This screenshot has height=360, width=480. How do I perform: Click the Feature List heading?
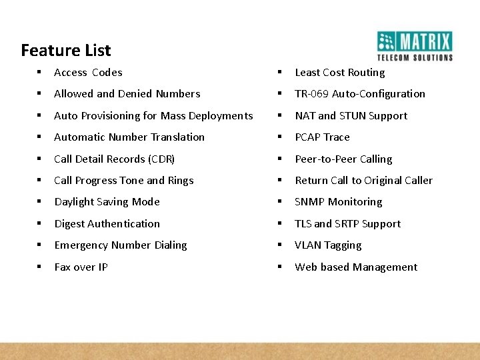click(66, 50)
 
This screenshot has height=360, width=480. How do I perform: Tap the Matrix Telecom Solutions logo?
click(414, 46)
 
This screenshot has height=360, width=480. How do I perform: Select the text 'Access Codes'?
click(88, 73)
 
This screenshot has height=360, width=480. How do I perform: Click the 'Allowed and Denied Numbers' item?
click(127, 94)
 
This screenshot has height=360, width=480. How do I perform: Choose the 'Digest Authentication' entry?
click(107, 224)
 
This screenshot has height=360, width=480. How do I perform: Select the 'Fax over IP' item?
click(81, 267)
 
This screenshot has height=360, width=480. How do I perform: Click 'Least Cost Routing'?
click(339, 73)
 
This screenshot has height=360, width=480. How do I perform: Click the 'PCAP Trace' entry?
click(322, 137)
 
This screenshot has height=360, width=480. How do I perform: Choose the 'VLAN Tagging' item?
click(328, 245)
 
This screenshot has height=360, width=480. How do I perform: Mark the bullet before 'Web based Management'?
click(281, 267)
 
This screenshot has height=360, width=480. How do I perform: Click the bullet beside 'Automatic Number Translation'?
click(40, 137)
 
